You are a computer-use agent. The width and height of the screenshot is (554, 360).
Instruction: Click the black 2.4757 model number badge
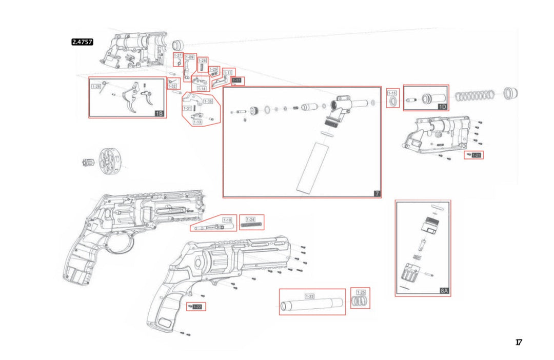[x=82, y=43]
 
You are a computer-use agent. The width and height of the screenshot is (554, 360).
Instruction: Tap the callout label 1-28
[x=96, y=87]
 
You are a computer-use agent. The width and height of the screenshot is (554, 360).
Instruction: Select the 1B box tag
[x=159, y=113]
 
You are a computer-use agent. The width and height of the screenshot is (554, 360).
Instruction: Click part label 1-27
[x=178, y=55]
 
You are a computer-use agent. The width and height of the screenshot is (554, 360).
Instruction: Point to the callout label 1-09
[x=190, y=57]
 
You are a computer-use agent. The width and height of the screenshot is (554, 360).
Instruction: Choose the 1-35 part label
[x=208, y=102]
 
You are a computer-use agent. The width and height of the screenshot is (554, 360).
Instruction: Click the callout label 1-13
[x=197, y=122]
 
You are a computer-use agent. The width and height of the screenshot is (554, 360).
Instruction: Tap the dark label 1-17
[x=237, y=81]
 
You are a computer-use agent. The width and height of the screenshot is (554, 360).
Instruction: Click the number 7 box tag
[x=377, y=193]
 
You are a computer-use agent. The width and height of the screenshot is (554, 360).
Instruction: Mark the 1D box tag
[x=443, y=106]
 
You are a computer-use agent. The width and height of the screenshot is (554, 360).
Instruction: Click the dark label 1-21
[x=477, y=155]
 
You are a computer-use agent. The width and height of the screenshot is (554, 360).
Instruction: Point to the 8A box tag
[x=444, y=291]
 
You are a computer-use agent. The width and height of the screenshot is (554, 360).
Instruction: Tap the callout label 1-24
[x=250, y=219]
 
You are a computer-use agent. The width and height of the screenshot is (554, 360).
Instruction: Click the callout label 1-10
[x=227, y=219]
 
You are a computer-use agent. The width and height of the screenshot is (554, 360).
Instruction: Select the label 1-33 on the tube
[x=309, y=296]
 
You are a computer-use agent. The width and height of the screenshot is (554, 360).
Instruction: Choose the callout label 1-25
[x=361, y=292]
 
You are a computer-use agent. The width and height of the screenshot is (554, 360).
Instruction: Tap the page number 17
[x=519, y=343]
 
